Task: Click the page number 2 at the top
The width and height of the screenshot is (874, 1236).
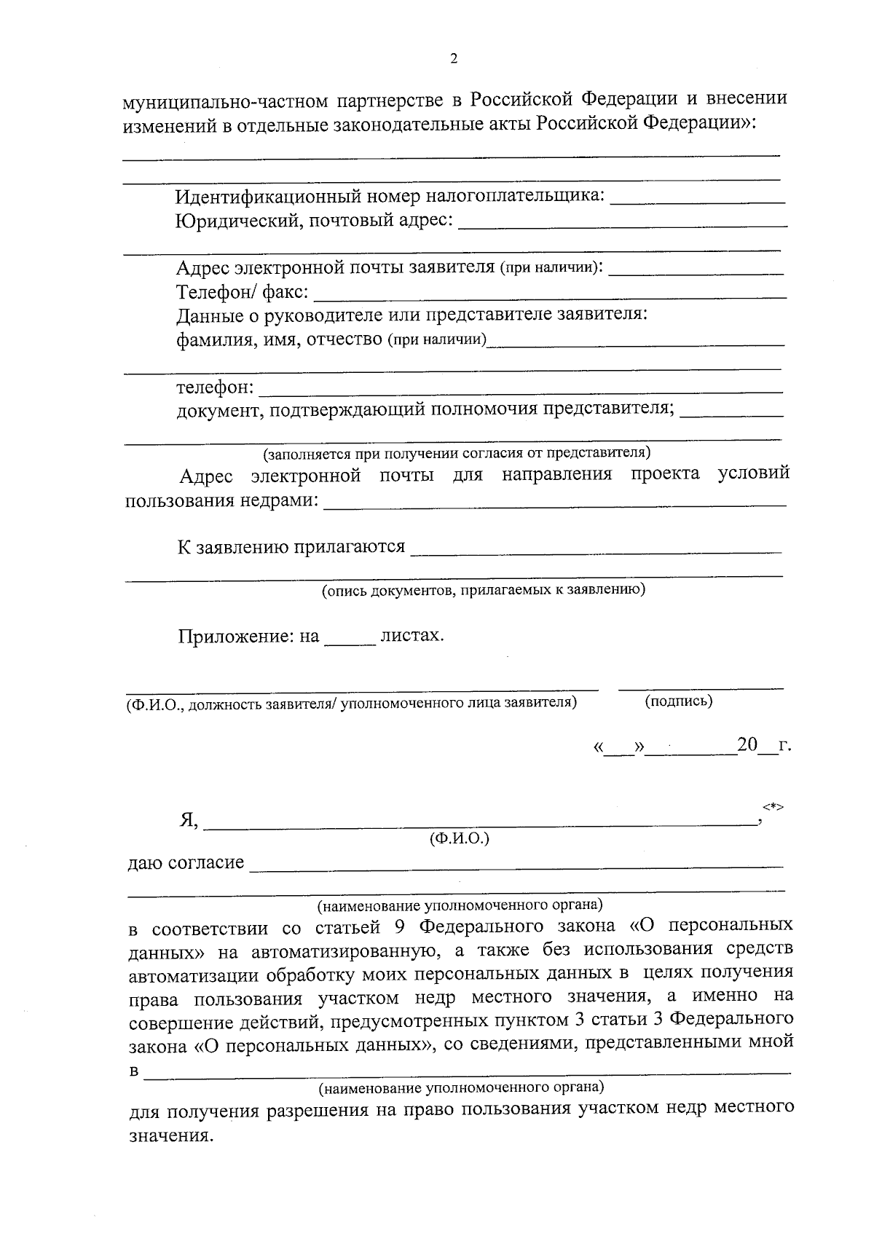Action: (454, 60)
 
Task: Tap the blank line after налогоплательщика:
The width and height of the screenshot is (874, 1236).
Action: (697, 200)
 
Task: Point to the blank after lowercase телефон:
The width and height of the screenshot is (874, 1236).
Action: (521, 391)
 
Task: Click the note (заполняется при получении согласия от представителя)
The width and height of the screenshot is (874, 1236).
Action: (457, 454)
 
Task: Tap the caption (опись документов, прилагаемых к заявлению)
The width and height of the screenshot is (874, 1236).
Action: (484, 590)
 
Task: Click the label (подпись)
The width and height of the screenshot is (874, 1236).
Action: (679, 701)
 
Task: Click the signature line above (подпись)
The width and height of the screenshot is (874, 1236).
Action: (701, 687)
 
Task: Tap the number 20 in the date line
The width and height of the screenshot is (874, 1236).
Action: (747, 746)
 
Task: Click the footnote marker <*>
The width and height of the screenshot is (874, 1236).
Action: (773, 807)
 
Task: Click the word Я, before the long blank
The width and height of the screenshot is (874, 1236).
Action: (189, 820)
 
